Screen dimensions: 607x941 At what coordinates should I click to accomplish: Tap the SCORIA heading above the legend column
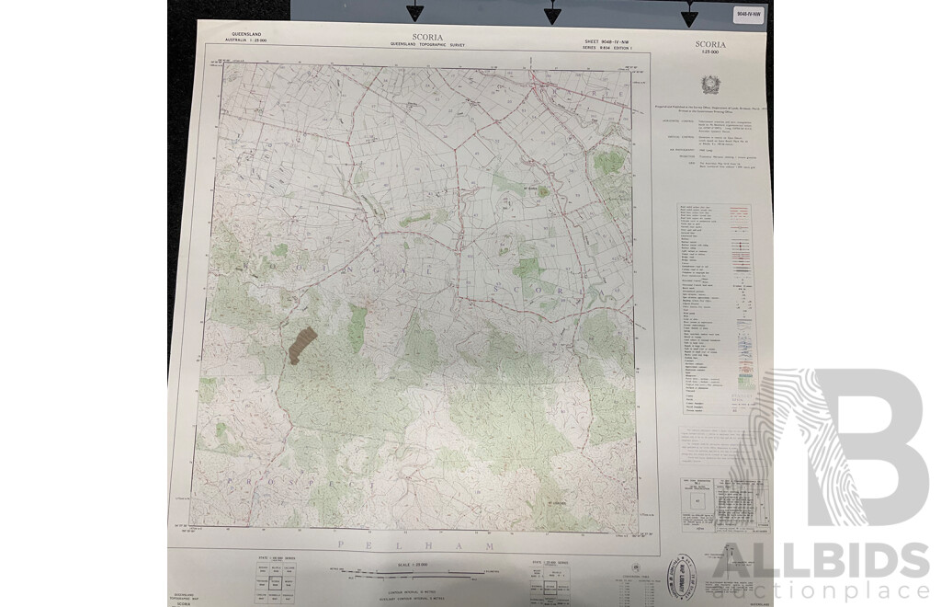[x=710, y=43]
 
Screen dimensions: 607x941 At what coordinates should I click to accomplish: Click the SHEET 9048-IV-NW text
[x=609, y=43]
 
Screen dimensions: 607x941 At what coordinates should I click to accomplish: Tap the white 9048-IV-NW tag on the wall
[x=749, y=14]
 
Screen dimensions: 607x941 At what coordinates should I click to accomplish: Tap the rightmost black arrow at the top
[x=689, y=13]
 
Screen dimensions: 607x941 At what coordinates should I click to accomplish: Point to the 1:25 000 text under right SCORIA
[x=710, y=52]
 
